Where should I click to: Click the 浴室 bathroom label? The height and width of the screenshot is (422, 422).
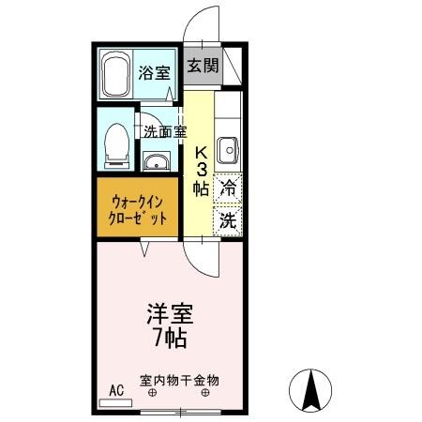pyautogui.click(x=154, y=72)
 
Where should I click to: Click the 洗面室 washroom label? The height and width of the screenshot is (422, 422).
pyautogui.click(x=164, y=131)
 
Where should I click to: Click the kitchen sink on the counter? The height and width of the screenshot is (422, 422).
pyautogui.click(x=227, y=149)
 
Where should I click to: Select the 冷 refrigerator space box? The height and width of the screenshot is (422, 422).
pyautogui.click(x=227, y=188)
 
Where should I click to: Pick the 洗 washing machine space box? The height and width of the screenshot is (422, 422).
pyautogui.click(x=227, y=221)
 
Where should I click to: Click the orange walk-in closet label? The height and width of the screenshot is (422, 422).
pyautogui.click(x=140, y=208)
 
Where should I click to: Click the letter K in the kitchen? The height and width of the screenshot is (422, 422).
pyautogui.click(x=201, y=152)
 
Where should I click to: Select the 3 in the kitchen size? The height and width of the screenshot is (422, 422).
pyautogui.click(x=201, y=170)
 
